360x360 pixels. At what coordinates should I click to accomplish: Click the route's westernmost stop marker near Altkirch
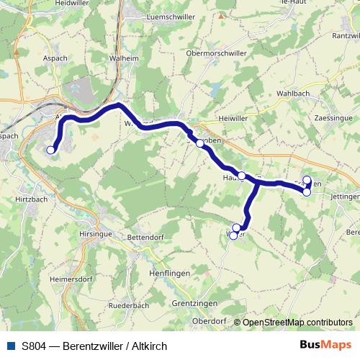coord(50,150)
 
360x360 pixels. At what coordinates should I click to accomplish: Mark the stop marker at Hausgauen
coord(242,176)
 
